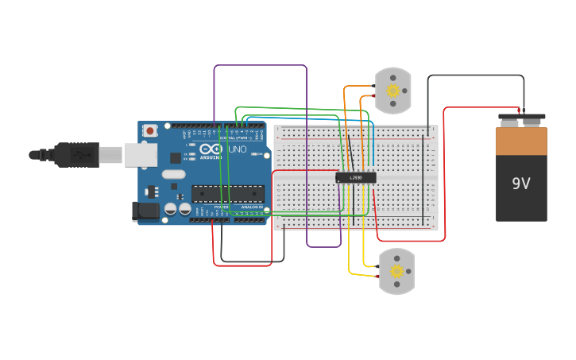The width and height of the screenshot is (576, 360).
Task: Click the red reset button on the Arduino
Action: coord(149,131)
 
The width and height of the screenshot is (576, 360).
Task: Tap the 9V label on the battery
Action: coord(520,184)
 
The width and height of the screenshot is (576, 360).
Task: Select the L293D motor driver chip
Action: coord(355,177)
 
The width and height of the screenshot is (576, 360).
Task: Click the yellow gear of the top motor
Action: coord(393,91)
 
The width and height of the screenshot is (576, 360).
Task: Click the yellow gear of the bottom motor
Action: coord(396,272)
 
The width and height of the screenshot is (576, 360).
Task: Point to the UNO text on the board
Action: coord(238,149)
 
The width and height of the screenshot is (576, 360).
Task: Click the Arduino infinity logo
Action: coord(211,149)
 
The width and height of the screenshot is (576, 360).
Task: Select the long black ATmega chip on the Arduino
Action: coord(228,193)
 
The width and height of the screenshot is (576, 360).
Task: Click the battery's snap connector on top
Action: coord(521,118)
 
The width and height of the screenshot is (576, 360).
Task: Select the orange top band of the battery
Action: coord(521,141)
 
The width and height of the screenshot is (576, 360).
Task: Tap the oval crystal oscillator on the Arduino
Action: coord(173,174)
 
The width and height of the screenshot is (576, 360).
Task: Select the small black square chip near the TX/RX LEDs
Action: coord(175,158)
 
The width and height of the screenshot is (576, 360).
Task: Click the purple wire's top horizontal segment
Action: coord(260,66)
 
